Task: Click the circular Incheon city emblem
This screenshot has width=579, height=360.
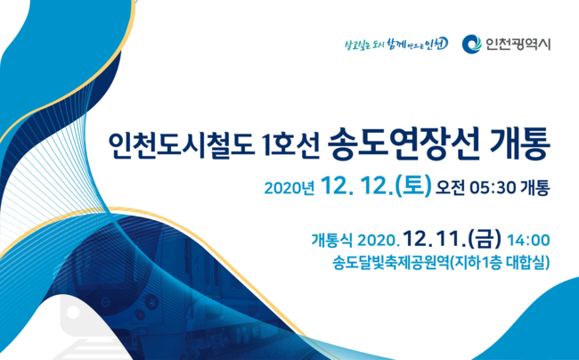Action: (471, 44)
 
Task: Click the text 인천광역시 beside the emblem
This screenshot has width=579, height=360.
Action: (518, 45)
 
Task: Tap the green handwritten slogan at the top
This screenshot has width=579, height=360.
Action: (396, 45)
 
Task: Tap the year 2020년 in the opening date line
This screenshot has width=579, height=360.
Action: (289, 188)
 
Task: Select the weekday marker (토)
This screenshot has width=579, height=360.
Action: (412, 185)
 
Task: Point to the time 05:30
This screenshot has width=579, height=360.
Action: (493, 188)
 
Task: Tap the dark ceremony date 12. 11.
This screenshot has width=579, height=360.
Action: (434, 240)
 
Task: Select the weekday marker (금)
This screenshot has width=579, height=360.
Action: (485, 239)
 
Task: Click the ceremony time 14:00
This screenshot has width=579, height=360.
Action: (528, 241)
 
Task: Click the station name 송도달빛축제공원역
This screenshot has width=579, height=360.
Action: (390, 263)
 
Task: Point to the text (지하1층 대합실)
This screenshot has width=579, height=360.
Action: (499, 263)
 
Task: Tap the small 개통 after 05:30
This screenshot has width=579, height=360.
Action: (535, 188)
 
